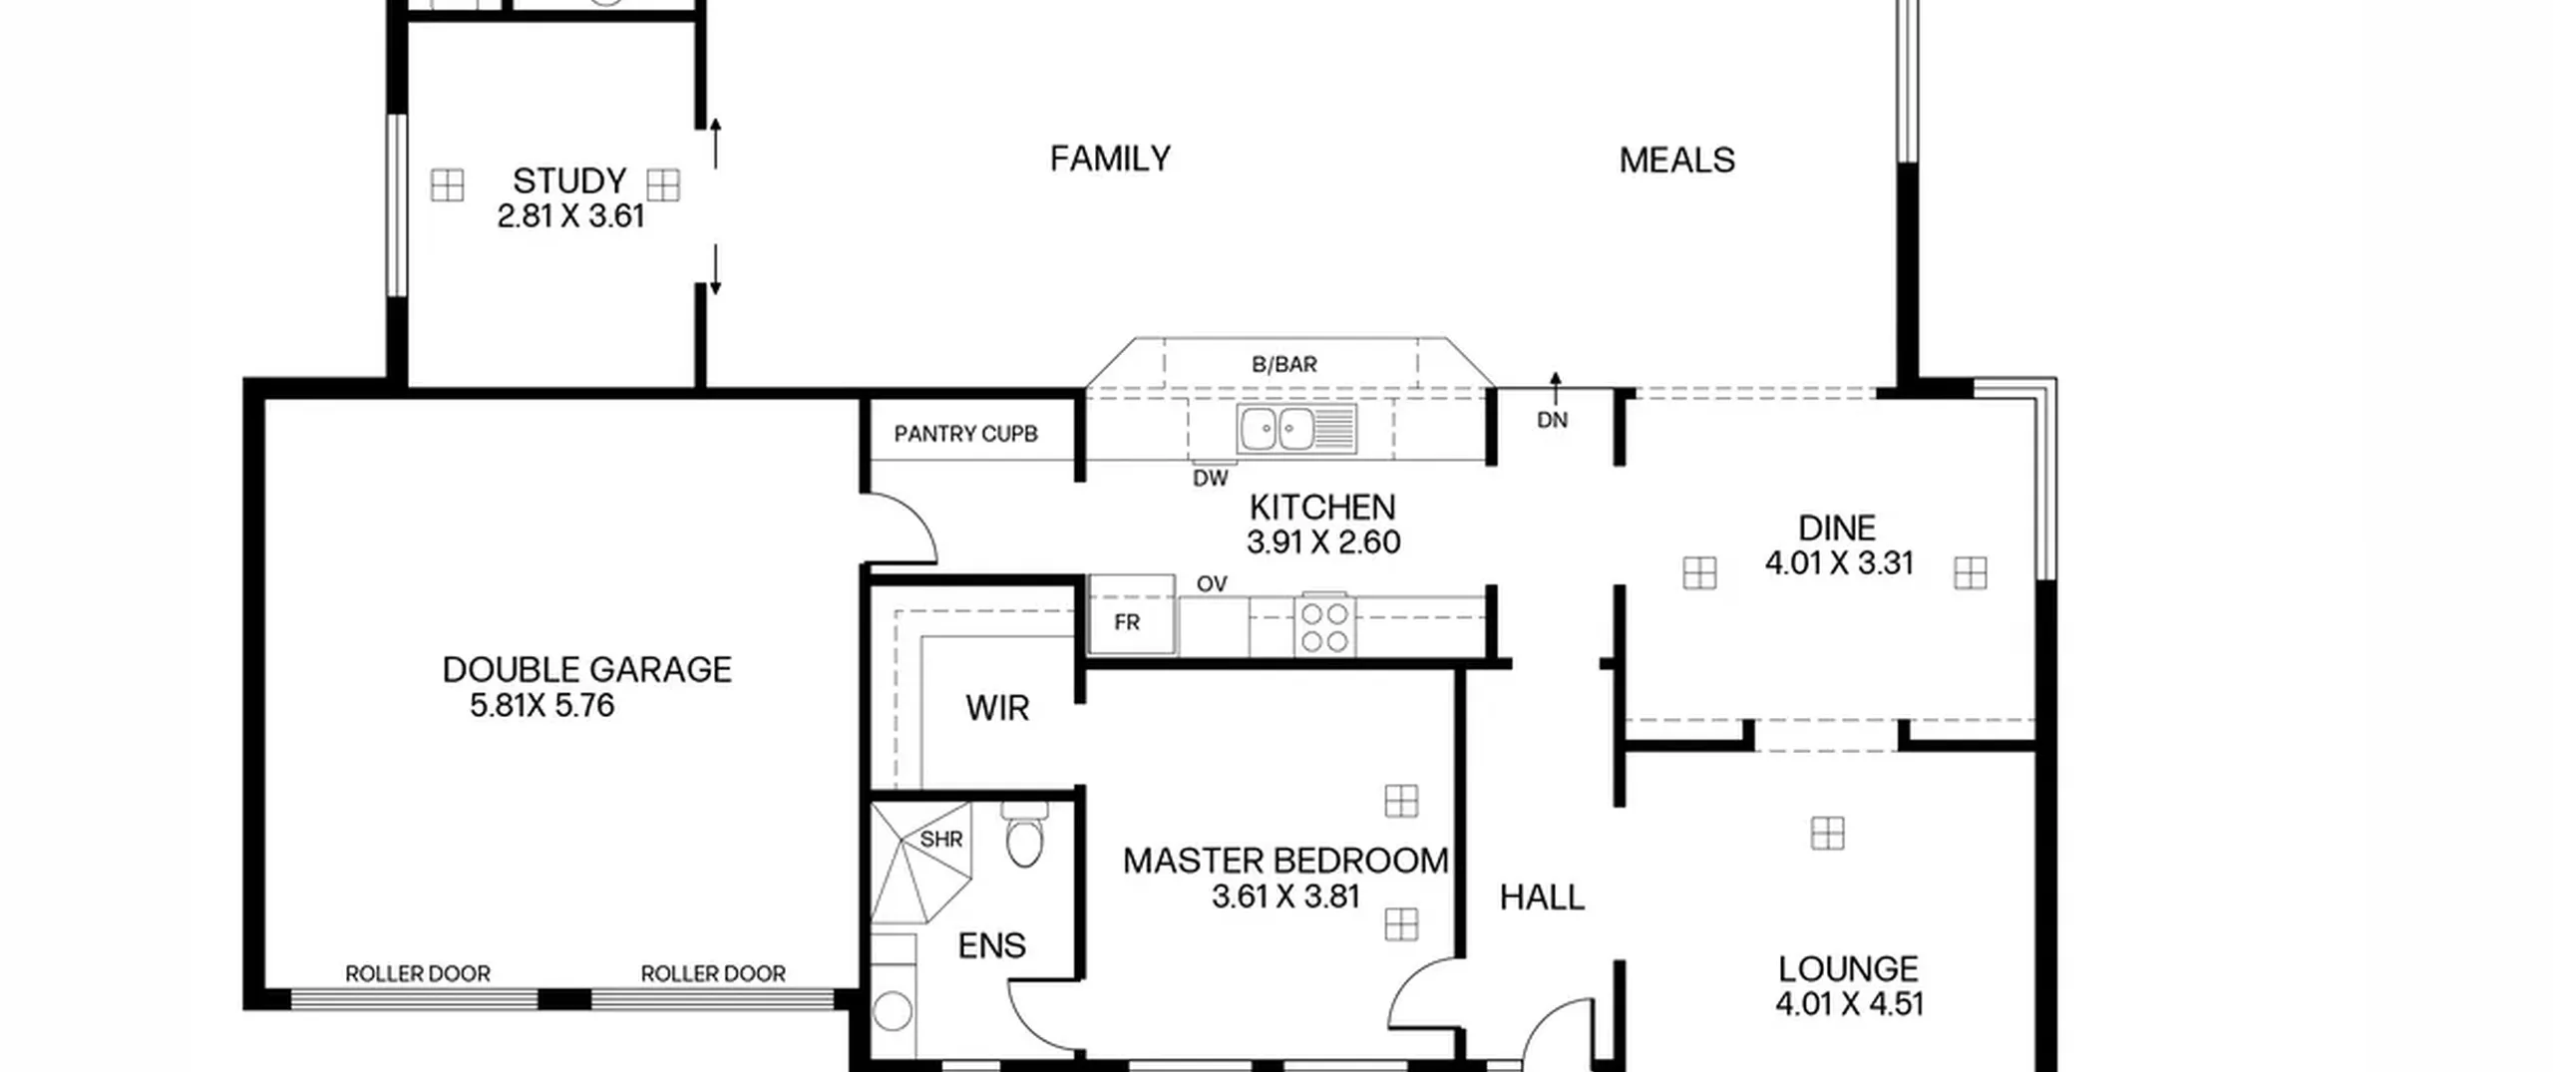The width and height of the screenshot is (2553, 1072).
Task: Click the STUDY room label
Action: [569, 180]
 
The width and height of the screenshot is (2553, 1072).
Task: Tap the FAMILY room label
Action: [1110, 159]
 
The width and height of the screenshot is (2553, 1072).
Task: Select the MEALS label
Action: [1676, 160]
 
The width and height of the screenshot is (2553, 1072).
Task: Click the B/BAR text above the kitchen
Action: [1284, 364]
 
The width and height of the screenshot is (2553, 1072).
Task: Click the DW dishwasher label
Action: [1211, 478]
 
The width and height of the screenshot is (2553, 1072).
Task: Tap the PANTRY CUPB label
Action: [965, 434]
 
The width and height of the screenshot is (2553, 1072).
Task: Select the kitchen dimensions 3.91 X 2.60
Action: [1323, 542]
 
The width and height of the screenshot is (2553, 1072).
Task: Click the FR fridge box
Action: [1131, 614]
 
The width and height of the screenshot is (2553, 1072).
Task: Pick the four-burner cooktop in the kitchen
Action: [1324, 625]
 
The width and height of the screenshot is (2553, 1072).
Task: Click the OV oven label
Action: [1212, 583]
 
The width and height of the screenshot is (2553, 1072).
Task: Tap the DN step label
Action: [1552, 420]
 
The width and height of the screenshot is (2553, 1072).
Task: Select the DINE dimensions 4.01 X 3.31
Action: [1839, 563]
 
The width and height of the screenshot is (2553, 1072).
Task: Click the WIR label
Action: [997, 708]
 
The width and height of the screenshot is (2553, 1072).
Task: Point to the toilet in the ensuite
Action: [1024, 834]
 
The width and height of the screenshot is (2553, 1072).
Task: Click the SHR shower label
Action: [941, 840]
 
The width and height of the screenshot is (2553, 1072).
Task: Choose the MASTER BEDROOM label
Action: [1285, 861]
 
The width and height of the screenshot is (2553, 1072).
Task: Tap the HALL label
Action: [1542, 897]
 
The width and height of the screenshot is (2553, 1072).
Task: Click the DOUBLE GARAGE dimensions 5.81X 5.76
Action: [542, 706]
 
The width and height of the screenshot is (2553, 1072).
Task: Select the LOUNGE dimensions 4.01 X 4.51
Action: [1849, 1003]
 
